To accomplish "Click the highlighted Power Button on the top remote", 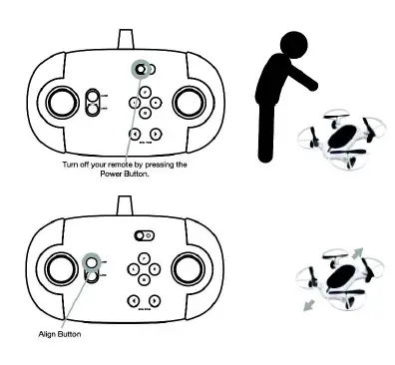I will [141, 70].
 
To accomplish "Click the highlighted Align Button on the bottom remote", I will [93, 262].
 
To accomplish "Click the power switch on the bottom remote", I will [144, 236].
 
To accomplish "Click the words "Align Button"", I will [60, 334].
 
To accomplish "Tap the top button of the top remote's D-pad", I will [146, 90].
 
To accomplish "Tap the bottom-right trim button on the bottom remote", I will [156, 300].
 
